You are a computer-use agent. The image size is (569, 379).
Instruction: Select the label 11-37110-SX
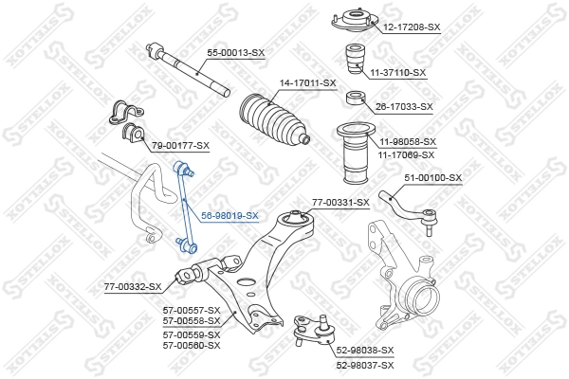coord(398,72)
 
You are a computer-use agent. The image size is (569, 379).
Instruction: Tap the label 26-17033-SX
coord(404,107)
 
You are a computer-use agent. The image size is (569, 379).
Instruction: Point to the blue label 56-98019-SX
coord(229,216)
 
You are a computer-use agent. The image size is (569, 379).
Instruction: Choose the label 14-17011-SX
coord(307,83)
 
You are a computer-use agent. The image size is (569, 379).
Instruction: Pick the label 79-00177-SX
coord(180,145)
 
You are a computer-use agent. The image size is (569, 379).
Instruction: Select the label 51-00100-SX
coord(432,177)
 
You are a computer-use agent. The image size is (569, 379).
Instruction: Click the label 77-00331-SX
coord(340,203)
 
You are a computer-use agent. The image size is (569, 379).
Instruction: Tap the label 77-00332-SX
coord(133,285)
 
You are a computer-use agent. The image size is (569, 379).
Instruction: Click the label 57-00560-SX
coord(192,345)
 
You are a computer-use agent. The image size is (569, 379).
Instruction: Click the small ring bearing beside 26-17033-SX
coord(357,98)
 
